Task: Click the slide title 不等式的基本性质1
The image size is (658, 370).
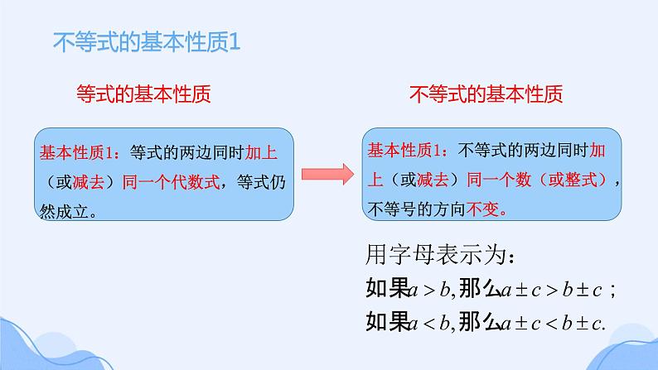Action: coord(146,41)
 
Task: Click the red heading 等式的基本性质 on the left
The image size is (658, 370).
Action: coord(142,94)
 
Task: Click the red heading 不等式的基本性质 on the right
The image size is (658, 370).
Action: coord(486,94)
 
